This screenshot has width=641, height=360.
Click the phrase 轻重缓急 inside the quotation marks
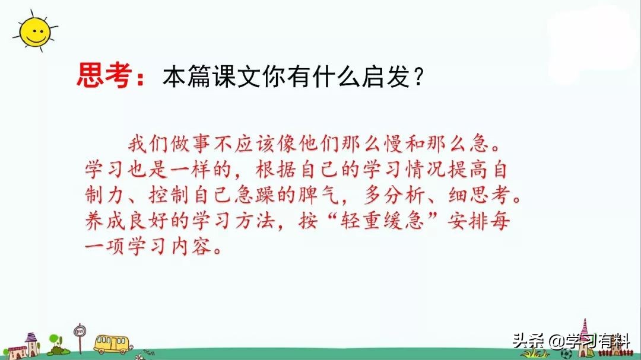click(x=382, y=221)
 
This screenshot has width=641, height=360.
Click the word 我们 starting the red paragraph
click(x=148, y=144)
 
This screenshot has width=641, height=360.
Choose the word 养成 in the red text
click(x=105, y=221)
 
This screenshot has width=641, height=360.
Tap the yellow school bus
click(x=112, y=344)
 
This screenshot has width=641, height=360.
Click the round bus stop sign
click(x=80, y=330)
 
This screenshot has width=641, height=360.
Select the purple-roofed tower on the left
click(x=31, y=343)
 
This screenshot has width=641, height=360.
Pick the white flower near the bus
click(x=140, y=356)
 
